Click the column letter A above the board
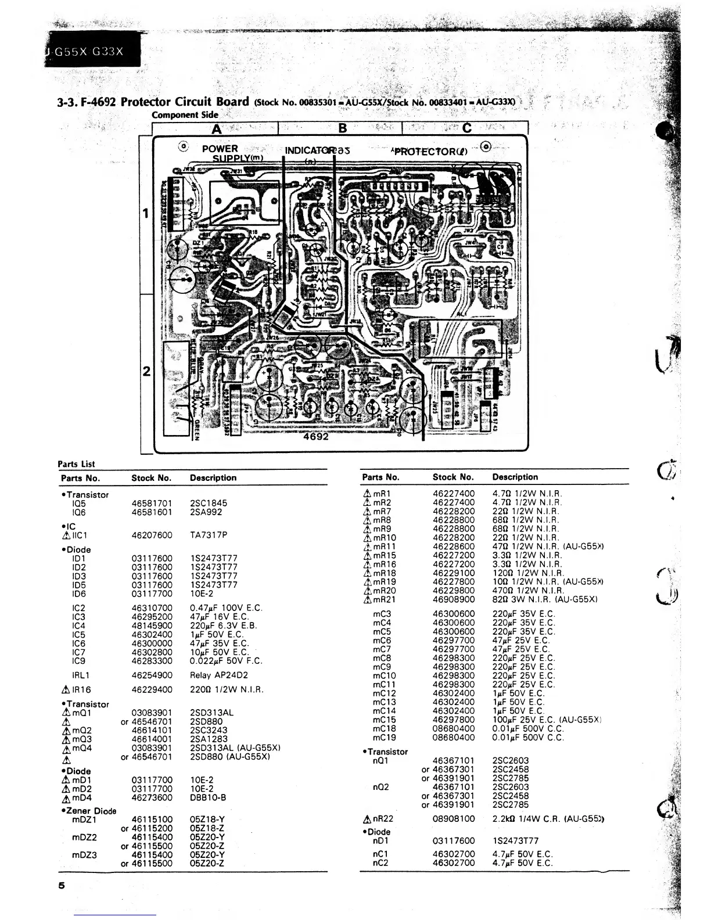(x=217, y=128)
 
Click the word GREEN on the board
(x=197, y=430)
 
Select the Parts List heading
(x=76, y=464)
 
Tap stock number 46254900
(x=152, y=675)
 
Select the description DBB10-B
(x=208, y=797)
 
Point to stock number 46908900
(x=453, y=599)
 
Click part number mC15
(x=384, y=720)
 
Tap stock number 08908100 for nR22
(x=453, y=818)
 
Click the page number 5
(x=61, y=886)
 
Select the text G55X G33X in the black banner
(x=89, y=51)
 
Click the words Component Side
(x=185, y=114)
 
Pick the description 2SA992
(x=206, y=512)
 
